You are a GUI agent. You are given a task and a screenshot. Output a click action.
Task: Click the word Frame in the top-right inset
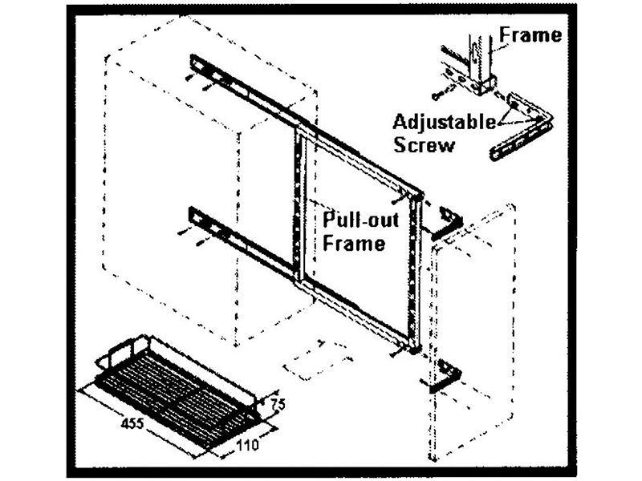click(x=530, y=35)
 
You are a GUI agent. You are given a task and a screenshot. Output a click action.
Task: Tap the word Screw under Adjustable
click(x=430, y=145)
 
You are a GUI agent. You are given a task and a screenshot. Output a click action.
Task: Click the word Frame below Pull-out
click(x=354, y=242)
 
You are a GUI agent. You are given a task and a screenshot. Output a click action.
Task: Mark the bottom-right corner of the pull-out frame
click(x=412, y=346)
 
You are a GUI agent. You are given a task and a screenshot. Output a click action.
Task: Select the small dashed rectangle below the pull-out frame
click(x=317, y=362)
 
